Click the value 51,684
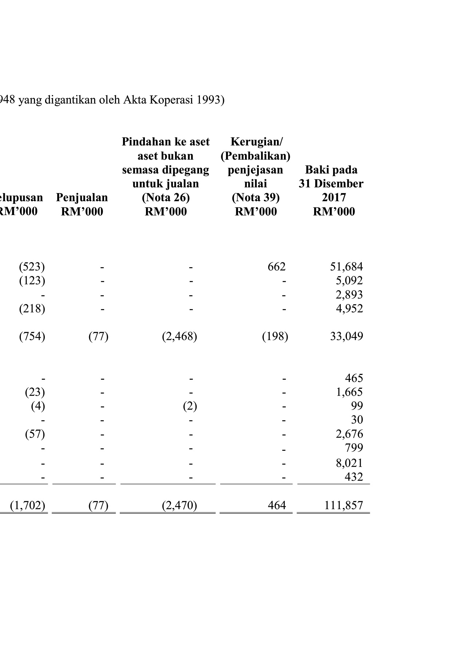tap(346, 267)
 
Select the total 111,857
tap(343, 505)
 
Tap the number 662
tap(276, 267)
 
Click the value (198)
tap(275, 336)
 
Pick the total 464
tap(276, 505)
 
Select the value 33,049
tap(346, 336)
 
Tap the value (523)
tap(32, 267)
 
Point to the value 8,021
tap(349, 463)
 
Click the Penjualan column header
tap(82, 198)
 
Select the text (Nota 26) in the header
tap(166, 198)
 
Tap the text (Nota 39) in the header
tap(256, 198)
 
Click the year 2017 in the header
tap(333, 198)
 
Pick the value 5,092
tap(349, 281)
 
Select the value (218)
tap(32, 309)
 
